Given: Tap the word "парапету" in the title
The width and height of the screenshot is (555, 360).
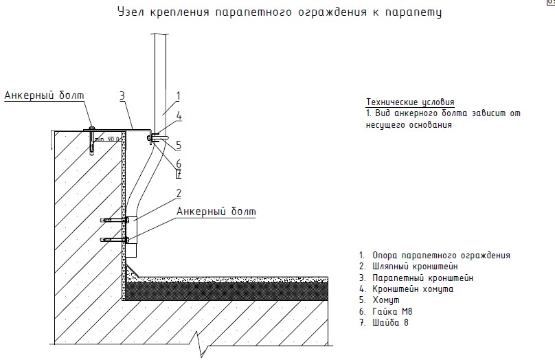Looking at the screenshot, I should point(414,12).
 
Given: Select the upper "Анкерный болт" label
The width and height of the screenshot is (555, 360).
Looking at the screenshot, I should point(43,95).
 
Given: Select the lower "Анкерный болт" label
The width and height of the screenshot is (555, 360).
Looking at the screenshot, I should point(216,211).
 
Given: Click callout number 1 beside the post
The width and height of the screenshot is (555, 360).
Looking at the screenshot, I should point(178,95).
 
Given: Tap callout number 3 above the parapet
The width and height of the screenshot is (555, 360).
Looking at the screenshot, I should point(122,95).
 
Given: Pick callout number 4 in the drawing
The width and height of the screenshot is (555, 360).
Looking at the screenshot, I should point(179,116).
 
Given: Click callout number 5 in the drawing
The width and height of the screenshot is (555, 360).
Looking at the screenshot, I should point(178,145).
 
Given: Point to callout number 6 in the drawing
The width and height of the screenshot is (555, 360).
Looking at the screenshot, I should point(178,164).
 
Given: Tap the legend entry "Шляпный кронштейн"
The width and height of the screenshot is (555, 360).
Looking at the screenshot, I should point(415,266).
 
